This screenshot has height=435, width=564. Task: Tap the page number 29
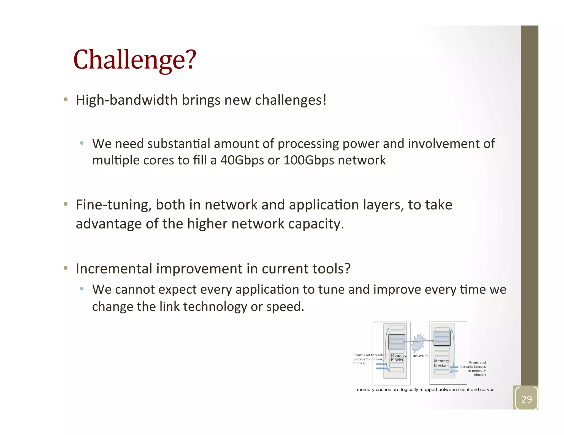point(527,399)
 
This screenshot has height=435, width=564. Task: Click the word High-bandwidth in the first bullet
point(127,100)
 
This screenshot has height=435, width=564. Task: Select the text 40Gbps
point(242,160)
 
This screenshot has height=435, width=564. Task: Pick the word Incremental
point(114,269)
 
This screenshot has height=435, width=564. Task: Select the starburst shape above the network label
point(418,342)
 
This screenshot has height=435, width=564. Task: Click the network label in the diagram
point(420,356)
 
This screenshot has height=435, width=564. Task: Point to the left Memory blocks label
point(398,357)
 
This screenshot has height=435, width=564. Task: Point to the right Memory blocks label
point(441,363)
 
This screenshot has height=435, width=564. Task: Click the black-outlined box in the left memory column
point(397,342)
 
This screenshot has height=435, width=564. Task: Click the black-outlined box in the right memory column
point(442,338)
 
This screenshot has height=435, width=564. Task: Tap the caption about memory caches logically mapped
point(425,390)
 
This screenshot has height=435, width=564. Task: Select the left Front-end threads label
point(368,359)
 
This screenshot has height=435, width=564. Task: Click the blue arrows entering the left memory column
point(381,366)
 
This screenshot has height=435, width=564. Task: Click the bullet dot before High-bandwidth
point(65,100)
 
